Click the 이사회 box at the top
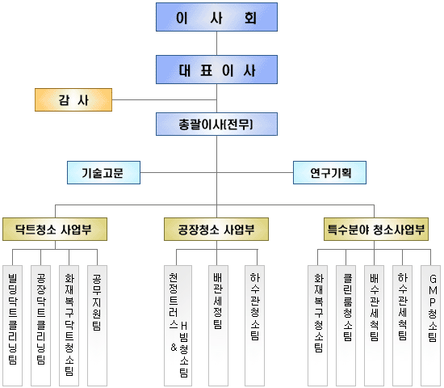(216, 17)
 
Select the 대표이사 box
(216, 70)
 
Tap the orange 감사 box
(73, 100)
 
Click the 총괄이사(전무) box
(216, 124)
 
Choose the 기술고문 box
(103, 172)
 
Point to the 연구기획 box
(329, 172)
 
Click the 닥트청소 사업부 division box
(55, 230)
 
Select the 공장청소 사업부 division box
(216, 230)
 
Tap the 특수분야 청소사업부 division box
(376, 230)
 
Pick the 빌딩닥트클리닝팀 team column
(12, 326)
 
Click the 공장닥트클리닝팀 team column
(41, 326)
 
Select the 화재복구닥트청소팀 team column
(69, 326)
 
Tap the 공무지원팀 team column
(98, 326)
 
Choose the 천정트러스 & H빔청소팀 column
(178, 326)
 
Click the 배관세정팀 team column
(218, 326)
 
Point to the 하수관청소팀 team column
(255, 326)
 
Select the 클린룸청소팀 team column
(346, 326)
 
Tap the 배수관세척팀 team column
(375, 326)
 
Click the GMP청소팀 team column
(431, 326)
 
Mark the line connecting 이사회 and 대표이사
(216, 43)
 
